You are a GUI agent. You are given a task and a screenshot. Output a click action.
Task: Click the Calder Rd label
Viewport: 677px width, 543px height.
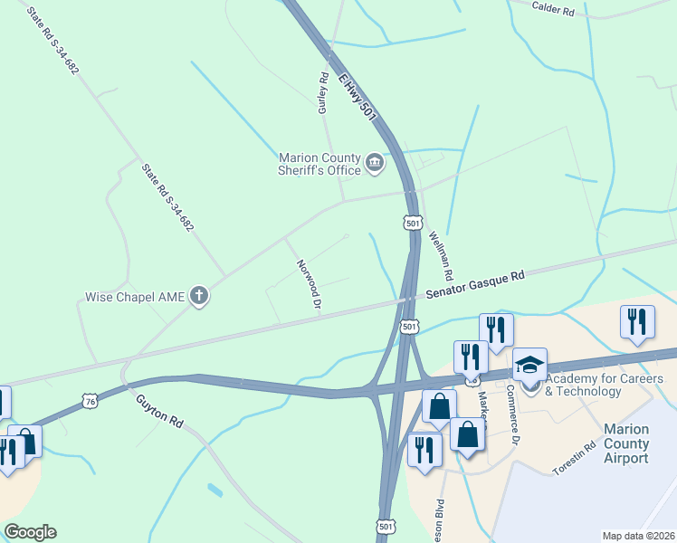(555, 9)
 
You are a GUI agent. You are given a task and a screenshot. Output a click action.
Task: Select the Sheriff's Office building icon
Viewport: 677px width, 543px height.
(374, 164)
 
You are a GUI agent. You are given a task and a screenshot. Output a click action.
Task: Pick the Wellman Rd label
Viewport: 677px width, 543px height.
(440, 253)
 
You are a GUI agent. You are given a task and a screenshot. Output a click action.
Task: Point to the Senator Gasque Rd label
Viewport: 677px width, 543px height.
(476, 285)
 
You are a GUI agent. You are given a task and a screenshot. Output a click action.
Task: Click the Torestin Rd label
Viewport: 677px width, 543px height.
(577, 458)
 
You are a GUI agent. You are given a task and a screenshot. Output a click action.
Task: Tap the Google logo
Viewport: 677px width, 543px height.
(30, 532)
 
